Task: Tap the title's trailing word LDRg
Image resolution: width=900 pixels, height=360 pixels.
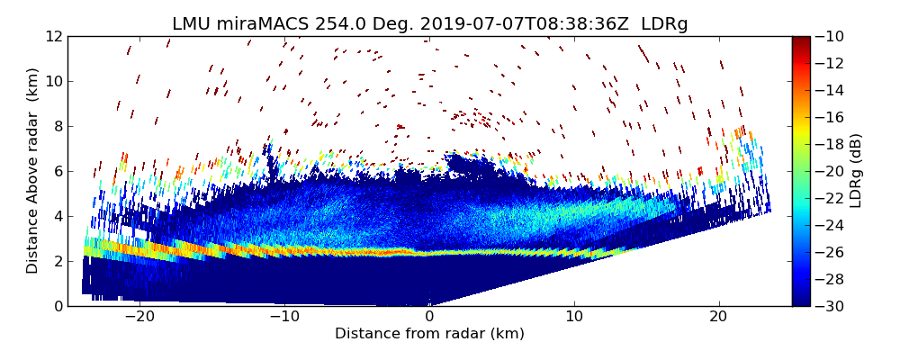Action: [x=664, y=24]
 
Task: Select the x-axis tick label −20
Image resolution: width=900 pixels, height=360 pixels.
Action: [x=139, y=317]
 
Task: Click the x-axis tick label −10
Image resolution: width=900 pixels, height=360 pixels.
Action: [x=284, y=317]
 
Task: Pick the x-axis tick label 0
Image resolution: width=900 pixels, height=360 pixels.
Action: [x=429, y=317]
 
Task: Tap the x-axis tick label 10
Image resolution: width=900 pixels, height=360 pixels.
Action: [x=574, y=317]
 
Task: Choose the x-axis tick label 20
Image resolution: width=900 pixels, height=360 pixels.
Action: [x=719, y=317]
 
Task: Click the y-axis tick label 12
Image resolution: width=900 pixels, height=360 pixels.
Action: [x=54, y=36]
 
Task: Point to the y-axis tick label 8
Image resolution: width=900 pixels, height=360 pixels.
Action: [x=58, y=126]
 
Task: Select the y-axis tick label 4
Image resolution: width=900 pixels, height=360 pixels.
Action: [x=58, y=216]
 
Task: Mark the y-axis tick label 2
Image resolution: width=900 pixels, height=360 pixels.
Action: [x=58, y=261]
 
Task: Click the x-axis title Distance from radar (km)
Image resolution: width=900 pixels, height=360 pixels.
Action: [x=429, y=334]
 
